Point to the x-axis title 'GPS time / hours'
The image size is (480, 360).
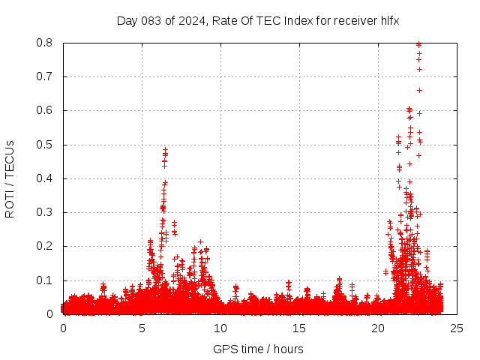258,349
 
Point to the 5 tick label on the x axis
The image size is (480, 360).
142,328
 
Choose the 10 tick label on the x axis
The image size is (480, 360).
220,328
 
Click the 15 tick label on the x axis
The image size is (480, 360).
299,328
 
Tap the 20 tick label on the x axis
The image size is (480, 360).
378,328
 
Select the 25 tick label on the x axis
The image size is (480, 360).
457,328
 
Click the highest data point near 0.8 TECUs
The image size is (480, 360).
418,44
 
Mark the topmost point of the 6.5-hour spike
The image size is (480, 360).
165,150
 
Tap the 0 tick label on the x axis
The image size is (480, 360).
63,328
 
